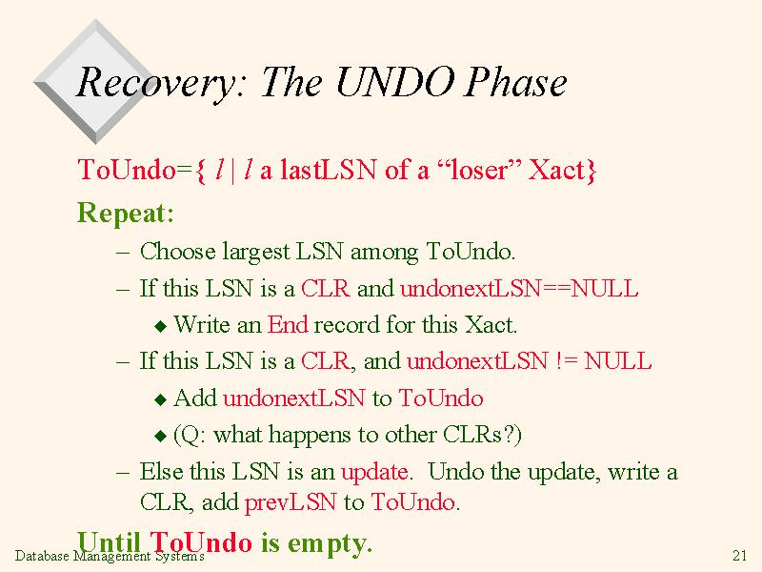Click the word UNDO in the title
click(395, 82)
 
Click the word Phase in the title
click(515, 82)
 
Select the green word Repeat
click(126, 214)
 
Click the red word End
click(288, 324)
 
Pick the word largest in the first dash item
click(255, 253)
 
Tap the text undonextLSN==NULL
click(519, 289)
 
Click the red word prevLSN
click(291, 502)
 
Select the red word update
click(374, 472)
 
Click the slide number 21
click(739, 555)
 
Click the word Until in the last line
click(109, 541)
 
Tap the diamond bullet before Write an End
click(160, 326)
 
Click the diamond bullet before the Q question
click(160, 436)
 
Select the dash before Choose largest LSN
click(123, 253)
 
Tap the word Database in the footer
click(42, 556)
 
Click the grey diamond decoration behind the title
click(96, 81)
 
